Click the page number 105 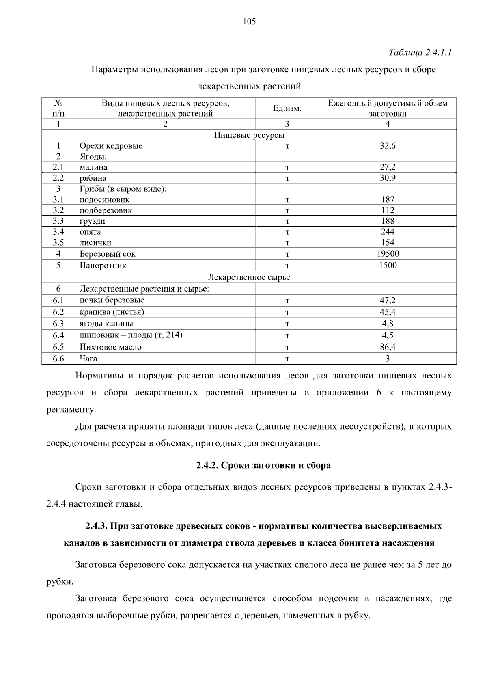tap(249, 22)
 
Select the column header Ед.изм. tap(287, 108)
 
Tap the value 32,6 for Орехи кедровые tap(388, 146)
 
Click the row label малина tap(93, 167)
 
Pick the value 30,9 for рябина tap(388, 178)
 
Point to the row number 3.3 tap(58, 221)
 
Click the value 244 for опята tap(388, 232)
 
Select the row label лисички tap(95, 243)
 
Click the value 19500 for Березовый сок tap(388, 254)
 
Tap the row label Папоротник tap(103, 266)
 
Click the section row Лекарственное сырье tap(249, 277)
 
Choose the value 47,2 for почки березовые tap(388, 300)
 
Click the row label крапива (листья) tap(112, 312)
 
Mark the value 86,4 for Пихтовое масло tap(388, 347)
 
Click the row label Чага tap(88, 359)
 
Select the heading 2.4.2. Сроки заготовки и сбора tap(263, 465)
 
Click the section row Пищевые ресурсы tap(249, 135)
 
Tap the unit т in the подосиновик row tap(287, 200)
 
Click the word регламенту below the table tap(71, 410)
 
